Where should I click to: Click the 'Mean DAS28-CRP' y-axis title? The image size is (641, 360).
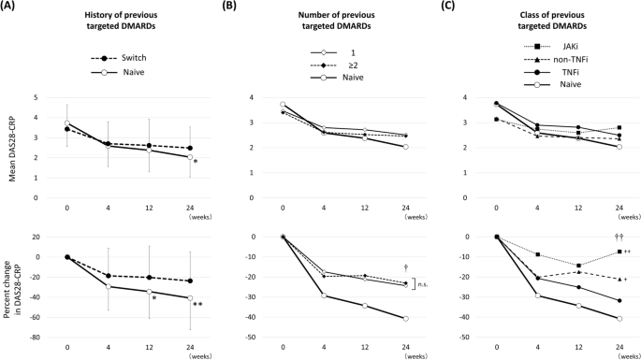[11, 147]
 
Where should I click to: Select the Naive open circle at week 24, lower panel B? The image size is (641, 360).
[404, 318]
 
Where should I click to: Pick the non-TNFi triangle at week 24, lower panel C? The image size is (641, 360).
[619, 279]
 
